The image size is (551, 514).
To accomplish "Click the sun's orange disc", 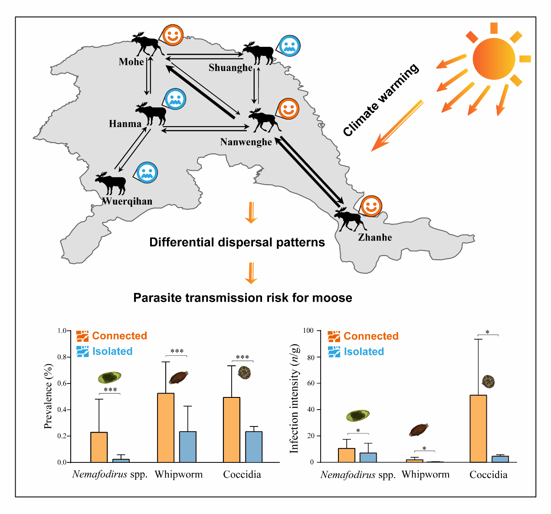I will (x=494, y=58).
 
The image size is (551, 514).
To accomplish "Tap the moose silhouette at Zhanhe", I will (x=350, y=219).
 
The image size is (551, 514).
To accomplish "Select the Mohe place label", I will (x=131, y=62).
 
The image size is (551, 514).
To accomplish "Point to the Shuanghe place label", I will (x=230, y=68).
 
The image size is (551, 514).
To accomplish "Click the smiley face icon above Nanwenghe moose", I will (x=288, y=108).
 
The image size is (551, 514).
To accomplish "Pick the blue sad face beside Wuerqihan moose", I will (x=147, y=172).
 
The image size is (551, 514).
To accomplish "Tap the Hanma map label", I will (x=125, y=124).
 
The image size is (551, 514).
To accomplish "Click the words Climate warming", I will (x=380, y=100).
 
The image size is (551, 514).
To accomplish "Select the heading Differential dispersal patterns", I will (x=237, y=242).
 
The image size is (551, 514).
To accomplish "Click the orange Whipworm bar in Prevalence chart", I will (x=166, y=427).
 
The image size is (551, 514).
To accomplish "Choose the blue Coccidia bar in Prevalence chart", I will (x=254, y=446).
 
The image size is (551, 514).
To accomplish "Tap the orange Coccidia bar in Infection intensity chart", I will (x=478, y=428).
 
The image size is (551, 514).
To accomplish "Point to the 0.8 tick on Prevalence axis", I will (x=62, y=357).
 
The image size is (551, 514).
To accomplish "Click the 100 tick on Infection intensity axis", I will (x=308, y=331).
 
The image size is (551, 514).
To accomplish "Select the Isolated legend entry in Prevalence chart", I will (x=112, y=351).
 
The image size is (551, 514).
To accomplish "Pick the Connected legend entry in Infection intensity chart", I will (x=371, y=336).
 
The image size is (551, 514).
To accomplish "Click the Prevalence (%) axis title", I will (x=48, y=397).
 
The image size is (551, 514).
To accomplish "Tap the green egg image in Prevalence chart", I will (x=109, y=377).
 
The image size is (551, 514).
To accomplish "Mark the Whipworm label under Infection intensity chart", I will (x=426, y=475).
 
